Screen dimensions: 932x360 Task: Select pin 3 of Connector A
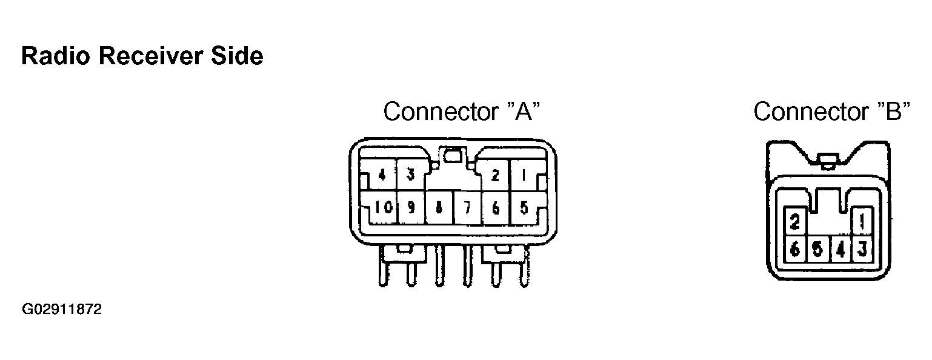pos(411,175)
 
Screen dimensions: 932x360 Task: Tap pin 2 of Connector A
pos(494,175)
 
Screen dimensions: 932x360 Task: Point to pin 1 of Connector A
pos(524,175)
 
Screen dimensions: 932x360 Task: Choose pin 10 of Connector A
pos(383,207)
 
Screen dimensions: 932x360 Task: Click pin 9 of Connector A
pos(411,207)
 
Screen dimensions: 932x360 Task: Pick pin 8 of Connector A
pos(439,208)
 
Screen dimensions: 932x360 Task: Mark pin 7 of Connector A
pos(467,208)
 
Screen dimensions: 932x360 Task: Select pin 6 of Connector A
pos(495,208)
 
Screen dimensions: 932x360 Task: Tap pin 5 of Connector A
pos(524,208)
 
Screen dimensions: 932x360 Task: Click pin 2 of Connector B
pos(794,222)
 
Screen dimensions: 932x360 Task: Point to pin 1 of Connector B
pos(862,222)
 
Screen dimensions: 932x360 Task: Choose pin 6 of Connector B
pos(794,249)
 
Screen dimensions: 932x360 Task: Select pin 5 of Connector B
pos(817,249)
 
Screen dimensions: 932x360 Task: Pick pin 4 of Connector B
pos(840,250)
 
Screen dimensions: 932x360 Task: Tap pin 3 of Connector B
pos(862,249)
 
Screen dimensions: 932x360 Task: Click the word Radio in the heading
pos(56,56)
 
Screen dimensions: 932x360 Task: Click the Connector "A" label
pos(461,111)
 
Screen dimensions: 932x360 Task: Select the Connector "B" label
pos(832,111)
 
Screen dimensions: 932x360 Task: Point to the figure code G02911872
pos(62,309)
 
